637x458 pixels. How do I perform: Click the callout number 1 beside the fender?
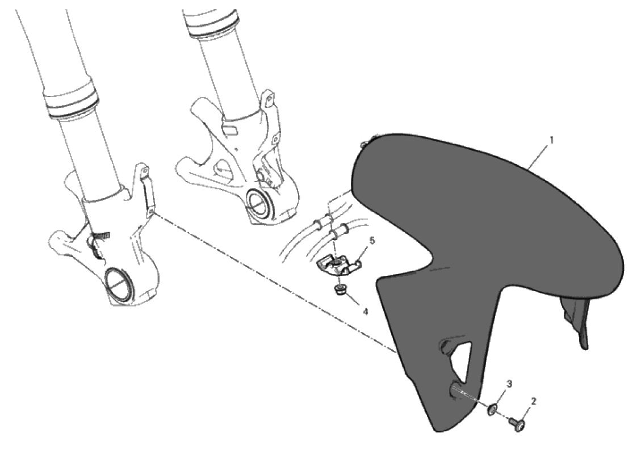[551, 140]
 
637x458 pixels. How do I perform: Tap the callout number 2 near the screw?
[534, 401]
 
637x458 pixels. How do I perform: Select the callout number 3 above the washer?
[509, 383]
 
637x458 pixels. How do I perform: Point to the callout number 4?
[365, 312]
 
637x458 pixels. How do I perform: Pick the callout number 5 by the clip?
[372, 241]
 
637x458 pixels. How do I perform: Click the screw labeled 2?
[517, 425]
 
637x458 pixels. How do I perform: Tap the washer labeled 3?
[492, 410]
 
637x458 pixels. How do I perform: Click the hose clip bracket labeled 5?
[337, 266]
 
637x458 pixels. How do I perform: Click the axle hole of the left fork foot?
[118, 283]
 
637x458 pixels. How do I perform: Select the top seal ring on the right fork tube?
[211, 18]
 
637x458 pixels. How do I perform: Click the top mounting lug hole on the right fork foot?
[267, 97]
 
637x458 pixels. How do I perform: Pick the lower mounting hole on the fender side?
[455, 390]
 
